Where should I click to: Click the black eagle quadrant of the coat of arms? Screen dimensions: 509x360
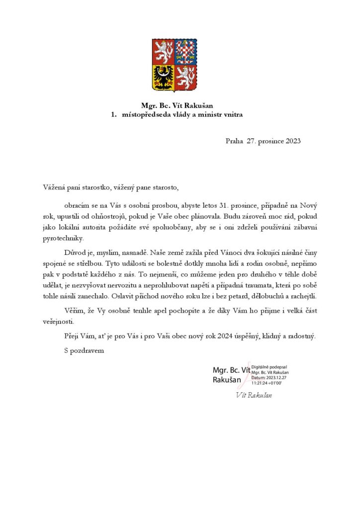click(163, 79)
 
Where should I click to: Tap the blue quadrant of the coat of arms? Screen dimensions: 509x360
click(186, 52)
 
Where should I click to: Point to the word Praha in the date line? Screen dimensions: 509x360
click(234, 141)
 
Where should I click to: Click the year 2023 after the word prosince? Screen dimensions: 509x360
click(290, 141)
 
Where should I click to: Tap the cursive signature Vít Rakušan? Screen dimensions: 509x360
click(254, 395)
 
